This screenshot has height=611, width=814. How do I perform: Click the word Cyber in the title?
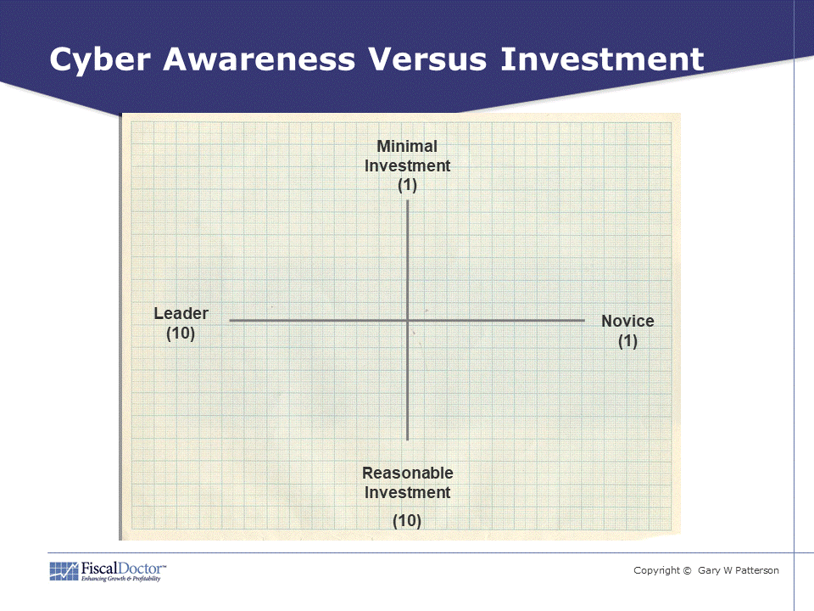coord(100,60)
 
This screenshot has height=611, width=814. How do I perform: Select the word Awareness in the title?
coord(259,59)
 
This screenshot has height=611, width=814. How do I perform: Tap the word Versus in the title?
coord(427,59)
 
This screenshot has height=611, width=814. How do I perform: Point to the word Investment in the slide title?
coord(602,59)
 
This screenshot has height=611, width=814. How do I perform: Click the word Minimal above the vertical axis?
coord(407,147)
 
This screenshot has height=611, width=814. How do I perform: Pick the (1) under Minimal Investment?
coord(408,185)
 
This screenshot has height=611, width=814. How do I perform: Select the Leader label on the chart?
coord(181,313)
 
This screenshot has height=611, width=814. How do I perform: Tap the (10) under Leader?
coord(181,333)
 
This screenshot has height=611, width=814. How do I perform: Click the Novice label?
coord(627,321)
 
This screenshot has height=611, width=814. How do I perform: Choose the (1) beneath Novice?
coord(627,341)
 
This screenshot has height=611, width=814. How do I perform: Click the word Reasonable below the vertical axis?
coord(408,473)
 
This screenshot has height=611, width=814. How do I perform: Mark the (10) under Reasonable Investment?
coord(407,520)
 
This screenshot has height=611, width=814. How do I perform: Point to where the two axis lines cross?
coord(408,321)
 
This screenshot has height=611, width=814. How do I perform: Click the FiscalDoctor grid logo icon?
coord(64,571)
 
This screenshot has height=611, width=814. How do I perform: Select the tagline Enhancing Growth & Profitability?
coord(120,579)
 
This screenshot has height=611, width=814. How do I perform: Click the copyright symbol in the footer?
coord(688,570)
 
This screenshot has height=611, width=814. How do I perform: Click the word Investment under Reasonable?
coord(408,492)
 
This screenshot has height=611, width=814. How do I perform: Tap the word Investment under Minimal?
coord(408,165)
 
